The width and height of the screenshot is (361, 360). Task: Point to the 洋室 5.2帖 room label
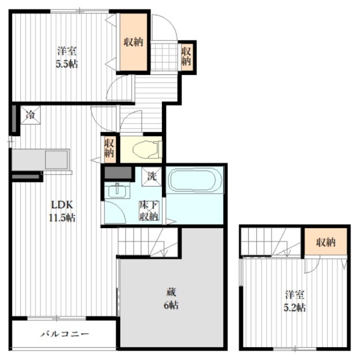tap(295, 301)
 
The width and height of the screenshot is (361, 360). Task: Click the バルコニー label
tap(65, 334)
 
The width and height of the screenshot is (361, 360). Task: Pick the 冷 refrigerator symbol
tap(29, 117)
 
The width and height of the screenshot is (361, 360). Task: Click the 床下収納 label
tap(149, 210)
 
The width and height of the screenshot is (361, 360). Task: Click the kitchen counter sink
tap(53, 158)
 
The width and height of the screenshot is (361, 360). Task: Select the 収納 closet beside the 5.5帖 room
tap(133, 42)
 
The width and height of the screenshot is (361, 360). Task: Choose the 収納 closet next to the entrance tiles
tap(187, 56)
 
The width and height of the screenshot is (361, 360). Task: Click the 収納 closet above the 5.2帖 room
tap(325, 242)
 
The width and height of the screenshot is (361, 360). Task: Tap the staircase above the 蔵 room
tap(148, 242)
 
